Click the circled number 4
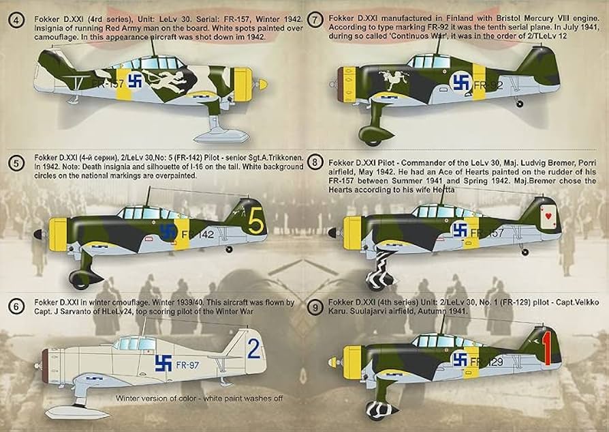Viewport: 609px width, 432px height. point(16,12)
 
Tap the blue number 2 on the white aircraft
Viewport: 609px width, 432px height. point(253,351)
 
